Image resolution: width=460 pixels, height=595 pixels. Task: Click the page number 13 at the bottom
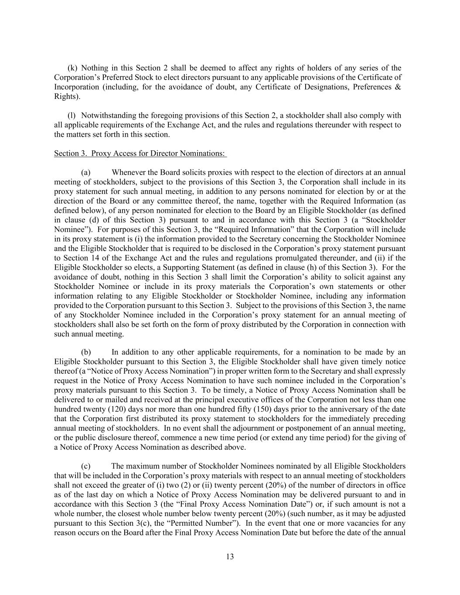pyautogui.click(x=230, y=557)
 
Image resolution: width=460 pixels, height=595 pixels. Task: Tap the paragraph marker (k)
pyautogui.click(x=73, y=68)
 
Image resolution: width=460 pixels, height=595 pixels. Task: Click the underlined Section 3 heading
pyautogui.click(x=140, y=153)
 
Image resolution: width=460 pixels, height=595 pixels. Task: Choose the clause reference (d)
pyautogui.click(x=84, y=220)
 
